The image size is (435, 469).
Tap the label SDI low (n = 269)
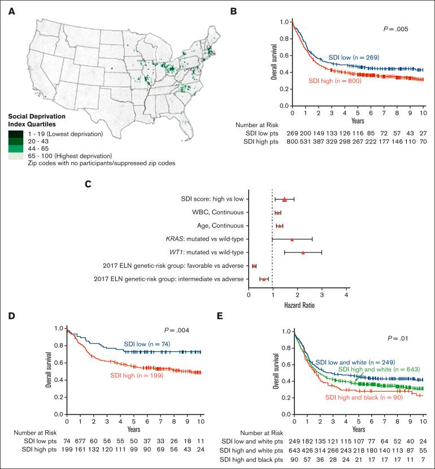point(353,58)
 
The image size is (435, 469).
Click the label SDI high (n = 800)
point(334,81)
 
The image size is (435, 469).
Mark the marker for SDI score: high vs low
point(285,199)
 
